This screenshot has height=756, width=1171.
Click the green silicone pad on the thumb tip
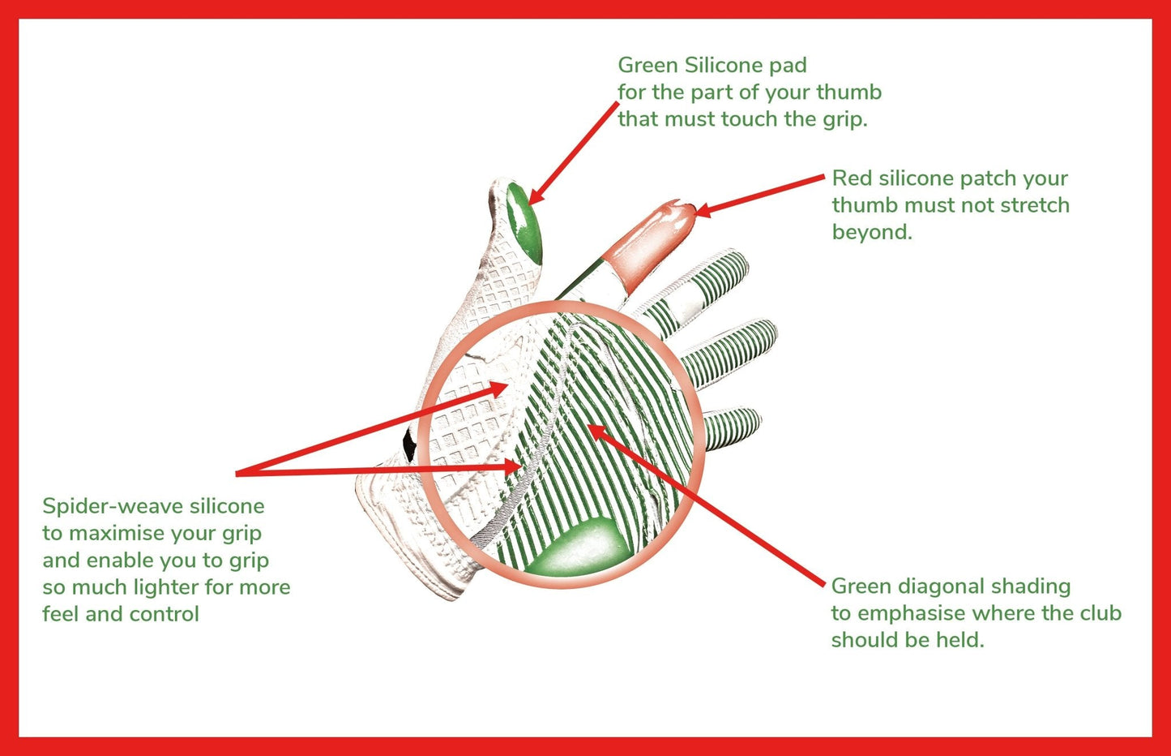524,221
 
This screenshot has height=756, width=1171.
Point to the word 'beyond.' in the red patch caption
872,232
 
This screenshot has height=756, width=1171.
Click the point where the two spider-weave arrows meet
237,472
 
